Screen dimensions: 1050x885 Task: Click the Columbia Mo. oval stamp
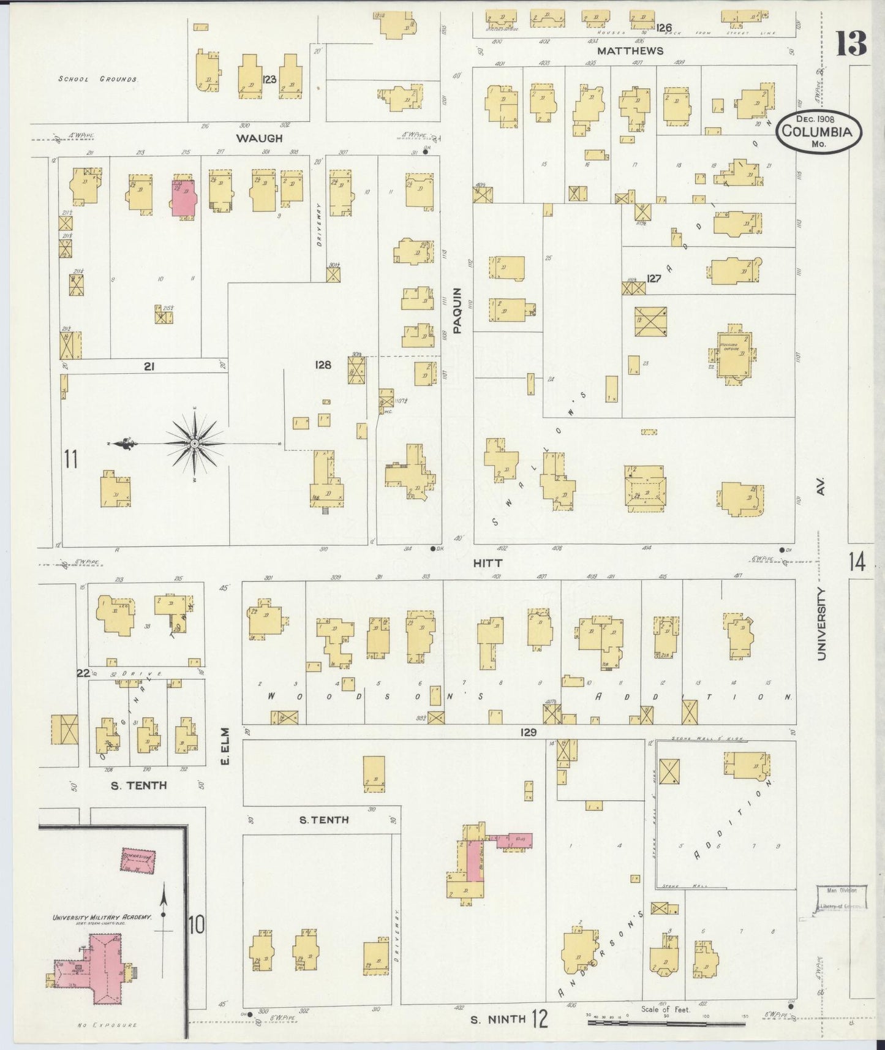coord(818,131)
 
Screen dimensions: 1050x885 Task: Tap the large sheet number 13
coord(852,43)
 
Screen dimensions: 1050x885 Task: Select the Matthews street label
coord(630,51)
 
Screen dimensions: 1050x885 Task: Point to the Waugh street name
coord(260,138)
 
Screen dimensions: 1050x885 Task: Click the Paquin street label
coord(457,311)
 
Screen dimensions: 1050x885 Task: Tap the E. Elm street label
coord(225,746)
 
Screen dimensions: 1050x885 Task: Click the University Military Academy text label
coord(102,917)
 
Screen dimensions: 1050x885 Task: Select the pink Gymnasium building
coord(138,861)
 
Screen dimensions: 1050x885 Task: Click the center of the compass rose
coord(194,443)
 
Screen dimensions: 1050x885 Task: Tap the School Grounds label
coord(98,79)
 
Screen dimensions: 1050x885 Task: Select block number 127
coord(654,279)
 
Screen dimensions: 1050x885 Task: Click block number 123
coord(269,79)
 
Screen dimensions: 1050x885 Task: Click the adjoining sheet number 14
coord(857,561)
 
